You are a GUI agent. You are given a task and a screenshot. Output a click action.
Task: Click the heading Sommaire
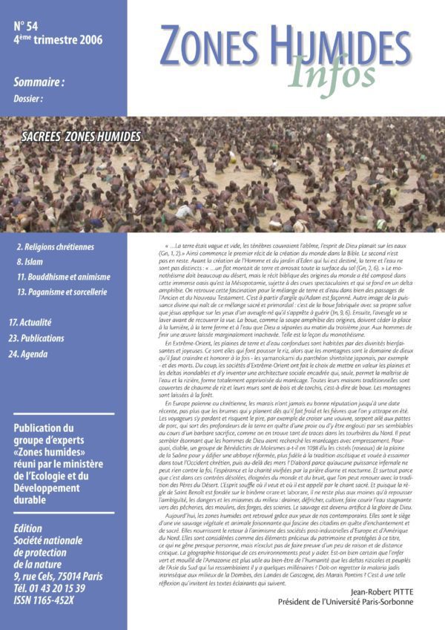point(39,83)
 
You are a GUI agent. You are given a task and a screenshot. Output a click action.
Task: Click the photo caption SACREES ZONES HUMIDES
point(81,137)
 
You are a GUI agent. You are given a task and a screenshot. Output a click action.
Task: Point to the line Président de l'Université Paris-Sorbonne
point(372,601)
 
